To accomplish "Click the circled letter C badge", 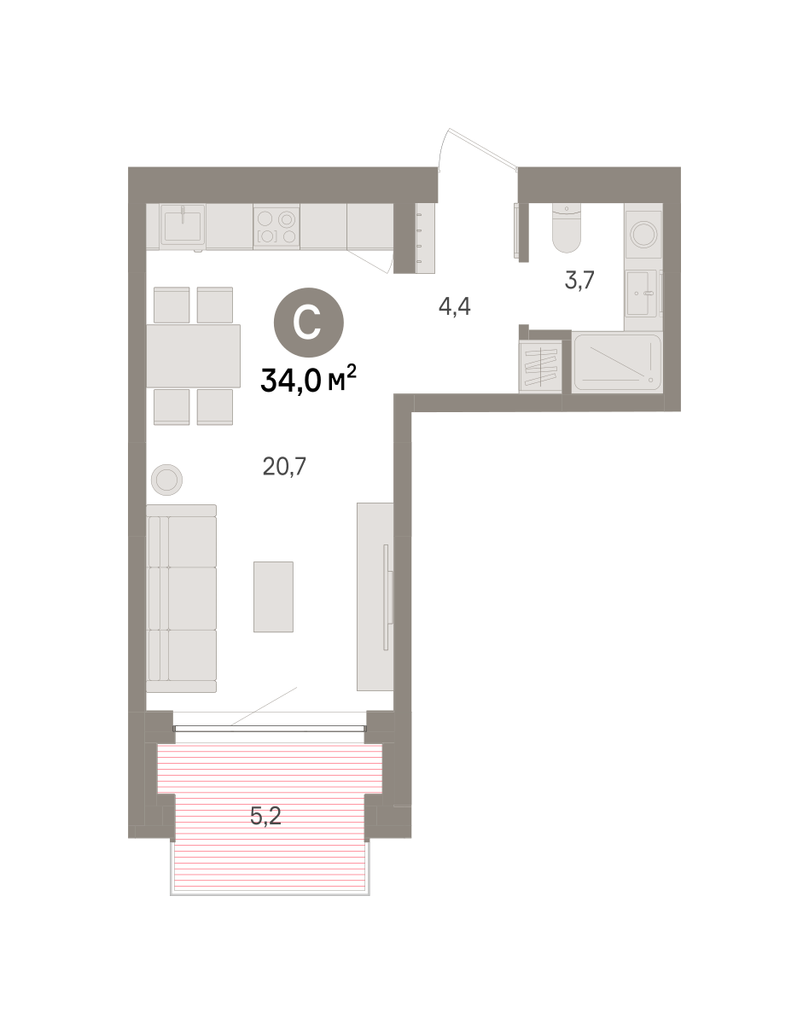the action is tap(308, 323).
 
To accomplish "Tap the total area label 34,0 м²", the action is tap(308, 379).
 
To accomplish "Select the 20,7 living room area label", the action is tap(284, 466).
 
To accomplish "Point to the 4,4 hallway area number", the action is tap(455, 306).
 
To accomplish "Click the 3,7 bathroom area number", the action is tap(579, 280).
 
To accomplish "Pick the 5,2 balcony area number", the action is tap(265, 816).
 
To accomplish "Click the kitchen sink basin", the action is tap(183, 225).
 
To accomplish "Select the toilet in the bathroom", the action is tap(567, 228).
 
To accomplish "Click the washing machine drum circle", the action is tap(643, 235).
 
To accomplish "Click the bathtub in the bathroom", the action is tap(617, 364).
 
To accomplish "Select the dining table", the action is tap(193, 356).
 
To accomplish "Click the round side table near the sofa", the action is tap(167, 480).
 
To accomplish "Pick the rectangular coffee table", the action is tap(273, 596).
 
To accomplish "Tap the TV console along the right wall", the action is tap(375, 596).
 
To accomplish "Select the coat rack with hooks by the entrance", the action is tap(425, 238).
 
